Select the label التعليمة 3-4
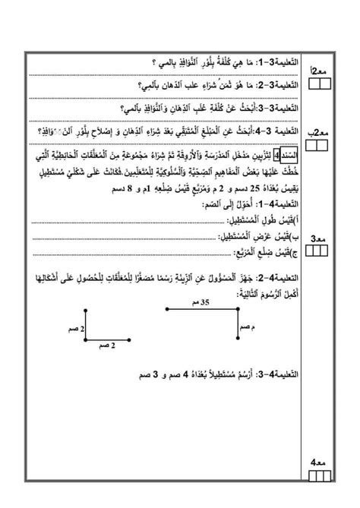pos(278,128)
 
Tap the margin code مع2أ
pos(320,70)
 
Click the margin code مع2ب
pos(320,133)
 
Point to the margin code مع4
pos(320,462)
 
